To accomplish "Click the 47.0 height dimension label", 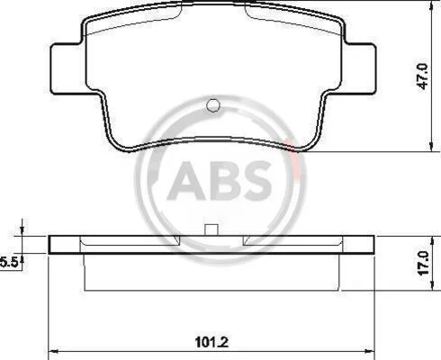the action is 424,76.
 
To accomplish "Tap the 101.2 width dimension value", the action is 211,342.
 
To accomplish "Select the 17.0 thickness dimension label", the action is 424,264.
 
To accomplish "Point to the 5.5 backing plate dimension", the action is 9,263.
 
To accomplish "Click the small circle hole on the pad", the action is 213,105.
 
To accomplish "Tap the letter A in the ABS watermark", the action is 186,181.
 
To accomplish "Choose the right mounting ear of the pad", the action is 359,68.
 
